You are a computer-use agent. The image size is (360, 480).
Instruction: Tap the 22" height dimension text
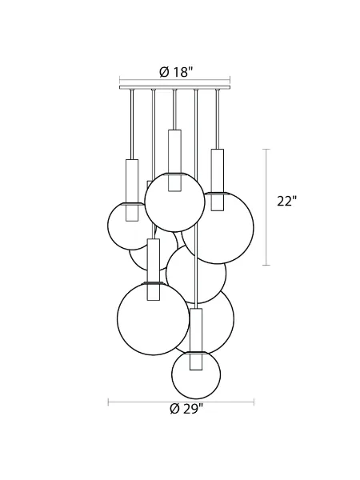click(x=286, y=202)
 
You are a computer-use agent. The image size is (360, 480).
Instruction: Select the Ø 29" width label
click(x=186, y=409)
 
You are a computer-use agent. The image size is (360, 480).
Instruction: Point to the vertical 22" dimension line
click(x=267, y=206)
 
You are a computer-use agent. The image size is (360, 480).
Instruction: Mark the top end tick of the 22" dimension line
click(x=267, y=150)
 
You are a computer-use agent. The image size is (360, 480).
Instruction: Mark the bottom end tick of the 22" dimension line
click(x=267, y=264)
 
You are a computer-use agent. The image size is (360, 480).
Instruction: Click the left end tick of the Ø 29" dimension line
click(x=110, y=402)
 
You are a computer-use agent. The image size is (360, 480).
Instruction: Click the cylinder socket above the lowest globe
click(x=196, y=340)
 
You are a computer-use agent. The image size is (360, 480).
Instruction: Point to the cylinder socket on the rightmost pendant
click(x=216, y=180)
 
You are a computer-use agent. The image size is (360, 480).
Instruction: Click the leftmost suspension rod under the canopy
click(x=132, y=124)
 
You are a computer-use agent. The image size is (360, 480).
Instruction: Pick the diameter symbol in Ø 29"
click(x=174, y=409)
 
